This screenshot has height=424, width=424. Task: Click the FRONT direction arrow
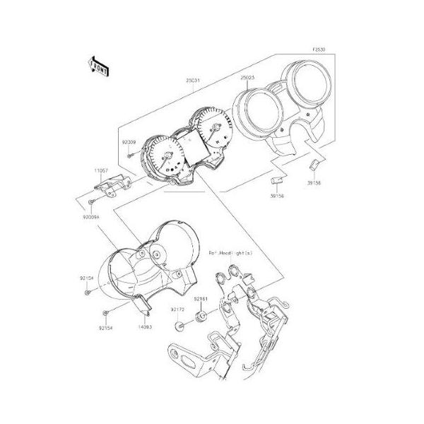(x=98, y=66)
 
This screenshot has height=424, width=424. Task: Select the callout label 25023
(x=248, y=77)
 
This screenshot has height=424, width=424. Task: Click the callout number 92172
(x=177, y=309)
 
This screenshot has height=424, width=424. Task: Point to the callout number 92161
(x=201, y=300)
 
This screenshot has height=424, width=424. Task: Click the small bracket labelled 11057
(x=110, y=186)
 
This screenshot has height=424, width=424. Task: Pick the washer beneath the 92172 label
(x=180, y=326)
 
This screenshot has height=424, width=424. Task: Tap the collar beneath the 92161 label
(x=200, y=320)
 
